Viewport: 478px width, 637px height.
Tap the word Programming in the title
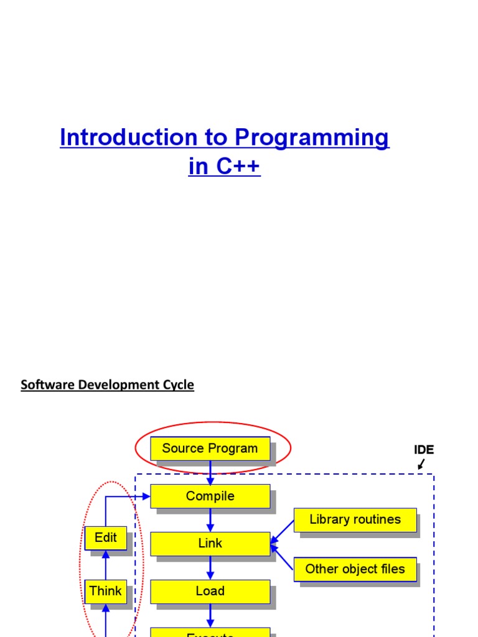(312, 138)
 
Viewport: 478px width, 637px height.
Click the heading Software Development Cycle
(107, 384)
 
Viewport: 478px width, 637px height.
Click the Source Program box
(210, 449)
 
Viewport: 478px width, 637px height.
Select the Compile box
(210, 496)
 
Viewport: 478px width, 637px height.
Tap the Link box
(210, 543)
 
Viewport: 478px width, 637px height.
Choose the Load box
(210, 591)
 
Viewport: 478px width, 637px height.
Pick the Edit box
(105, 537)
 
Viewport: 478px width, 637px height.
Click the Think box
(105, 591)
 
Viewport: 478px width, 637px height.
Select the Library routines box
(355, 519)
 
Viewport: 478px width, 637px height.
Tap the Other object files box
(355, 569)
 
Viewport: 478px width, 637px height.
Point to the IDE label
(424, 450)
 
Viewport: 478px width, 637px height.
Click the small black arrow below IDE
(421, 464)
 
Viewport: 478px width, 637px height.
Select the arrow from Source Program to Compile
(210, 473)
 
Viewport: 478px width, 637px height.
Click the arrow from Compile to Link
(210, 520)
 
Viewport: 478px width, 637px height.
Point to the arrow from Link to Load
(210, 567)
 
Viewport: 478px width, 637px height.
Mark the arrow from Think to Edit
(105, 565)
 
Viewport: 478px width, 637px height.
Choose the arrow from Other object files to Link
(282, 557)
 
